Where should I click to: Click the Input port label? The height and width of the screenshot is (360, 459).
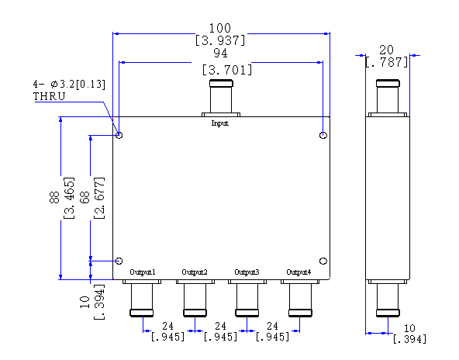(x=220, y=123)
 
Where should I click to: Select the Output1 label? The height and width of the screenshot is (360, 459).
(x=143, y=272)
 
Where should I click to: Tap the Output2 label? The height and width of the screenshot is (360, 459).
(x=195, y=272)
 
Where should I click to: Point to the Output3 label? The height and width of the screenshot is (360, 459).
(x=247, y=272)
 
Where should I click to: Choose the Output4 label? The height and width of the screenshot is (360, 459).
(x=299, y=272)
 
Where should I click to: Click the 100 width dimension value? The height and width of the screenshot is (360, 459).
(x=220, y=28)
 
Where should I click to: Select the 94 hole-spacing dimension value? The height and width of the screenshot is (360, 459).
(x=220, y=53)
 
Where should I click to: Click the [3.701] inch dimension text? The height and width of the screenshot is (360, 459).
(x=227, y=70)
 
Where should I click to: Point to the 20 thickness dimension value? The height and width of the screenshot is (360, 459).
(x=386, y=50)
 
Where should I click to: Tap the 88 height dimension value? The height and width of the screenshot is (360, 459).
(x=54, y=197)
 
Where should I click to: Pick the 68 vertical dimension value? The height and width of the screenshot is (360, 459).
(x=85, y=197)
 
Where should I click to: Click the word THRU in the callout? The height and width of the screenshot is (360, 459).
(x=49, y=96)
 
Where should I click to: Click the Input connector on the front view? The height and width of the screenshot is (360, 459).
(x=221, y=98)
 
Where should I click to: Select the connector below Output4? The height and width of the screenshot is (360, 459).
(x=300, y=298)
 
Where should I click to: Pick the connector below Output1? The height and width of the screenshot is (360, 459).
(x=142, y=298)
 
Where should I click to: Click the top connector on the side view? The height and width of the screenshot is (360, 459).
(x=388, y=98)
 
